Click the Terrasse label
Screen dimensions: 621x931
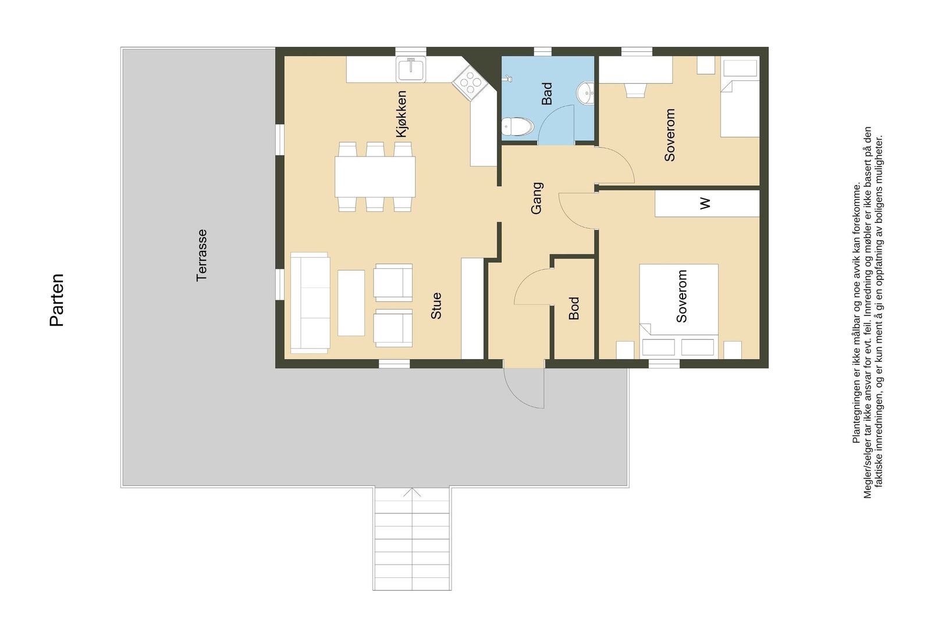click(x=202, y=256)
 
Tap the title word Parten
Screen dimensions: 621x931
click(x=57, y=300)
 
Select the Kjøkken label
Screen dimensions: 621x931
click(x=401, y=114)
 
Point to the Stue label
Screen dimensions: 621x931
click(x=436, y=306)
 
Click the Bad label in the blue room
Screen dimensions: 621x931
click(x=547, y=94)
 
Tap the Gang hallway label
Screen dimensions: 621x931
click(x=536, y=198)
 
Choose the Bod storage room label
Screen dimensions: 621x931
click(x=574, y=308)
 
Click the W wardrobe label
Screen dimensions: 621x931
click(x=705, y=203)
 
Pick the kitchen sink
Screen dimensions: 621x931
click(x=411, y=69)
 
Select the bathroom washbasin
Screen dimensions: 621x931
click(x=586, y=92)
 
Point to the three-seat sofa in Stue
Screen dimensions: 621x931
click(x=310, y=303)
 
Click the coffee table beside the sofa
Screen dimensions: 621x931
click(x=351, y=303)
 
